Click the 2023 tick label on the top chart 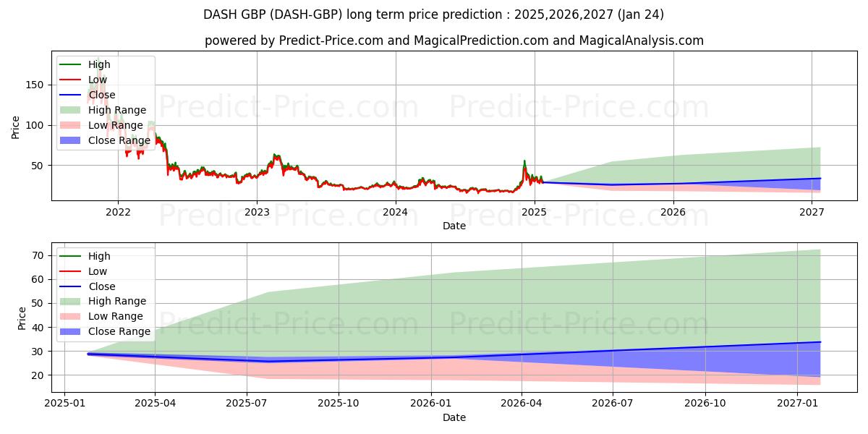(257, 212)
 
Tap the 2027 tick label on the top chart (812, 212)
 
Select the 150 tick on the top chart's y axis (38, 85)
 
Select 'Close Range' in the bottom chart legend (119, 331)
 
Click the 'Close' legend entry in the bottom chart (101, 286)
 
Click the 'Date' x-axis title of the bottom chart (454, 417)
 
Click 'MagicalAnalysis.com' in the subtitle (641, 41)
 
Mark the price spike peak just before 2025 (524, 161)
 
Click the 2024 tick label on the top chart (396, 212)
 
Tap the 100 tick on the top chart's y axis (38, 125)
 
